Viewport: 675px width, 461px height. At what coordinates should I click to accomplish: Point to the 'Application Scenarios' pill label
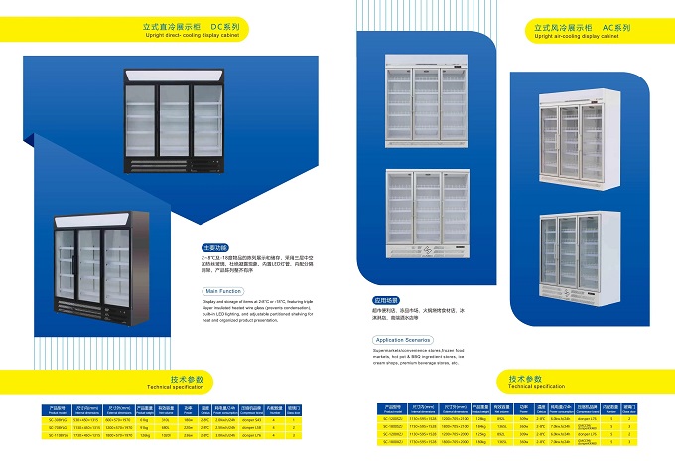[x=397, y=340]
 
